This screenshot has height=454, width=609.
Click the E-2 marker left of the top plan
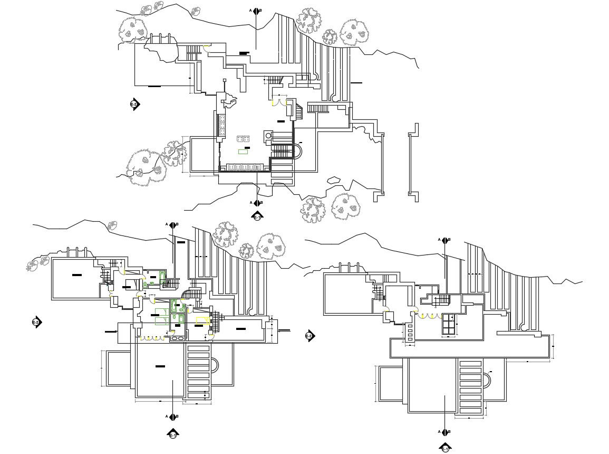(134, 104)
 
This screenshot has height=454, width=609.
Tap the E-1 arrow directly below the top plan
(257, 215)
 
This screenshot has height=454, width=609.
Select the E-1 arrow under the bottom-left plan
(173, 434)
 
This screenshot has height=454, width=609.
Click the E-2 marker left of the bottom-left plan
(36, 322)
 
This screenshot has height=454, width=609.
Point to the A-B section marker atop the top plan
(256, 11)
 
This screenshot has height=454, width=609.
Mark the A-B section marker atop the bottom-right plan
(445, 240)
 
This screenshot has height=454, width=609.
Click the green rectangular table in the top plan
(243, 152)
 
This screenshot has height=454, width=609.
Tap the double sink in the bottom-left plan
(178, 338)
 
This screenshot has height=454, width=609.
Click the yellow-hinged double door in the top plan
(279, 102)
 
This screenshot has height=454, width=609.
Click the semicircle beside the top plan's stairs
(299, 152)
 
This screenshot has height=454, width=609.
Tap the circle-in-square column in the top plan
(267, 136)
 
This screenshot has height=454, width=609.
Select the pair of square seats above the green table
(243, 139)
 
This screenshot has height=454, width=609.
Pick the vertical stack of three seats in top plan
(222, 126)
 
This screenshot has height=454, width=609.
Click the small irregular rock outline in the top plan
(334, 180)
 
